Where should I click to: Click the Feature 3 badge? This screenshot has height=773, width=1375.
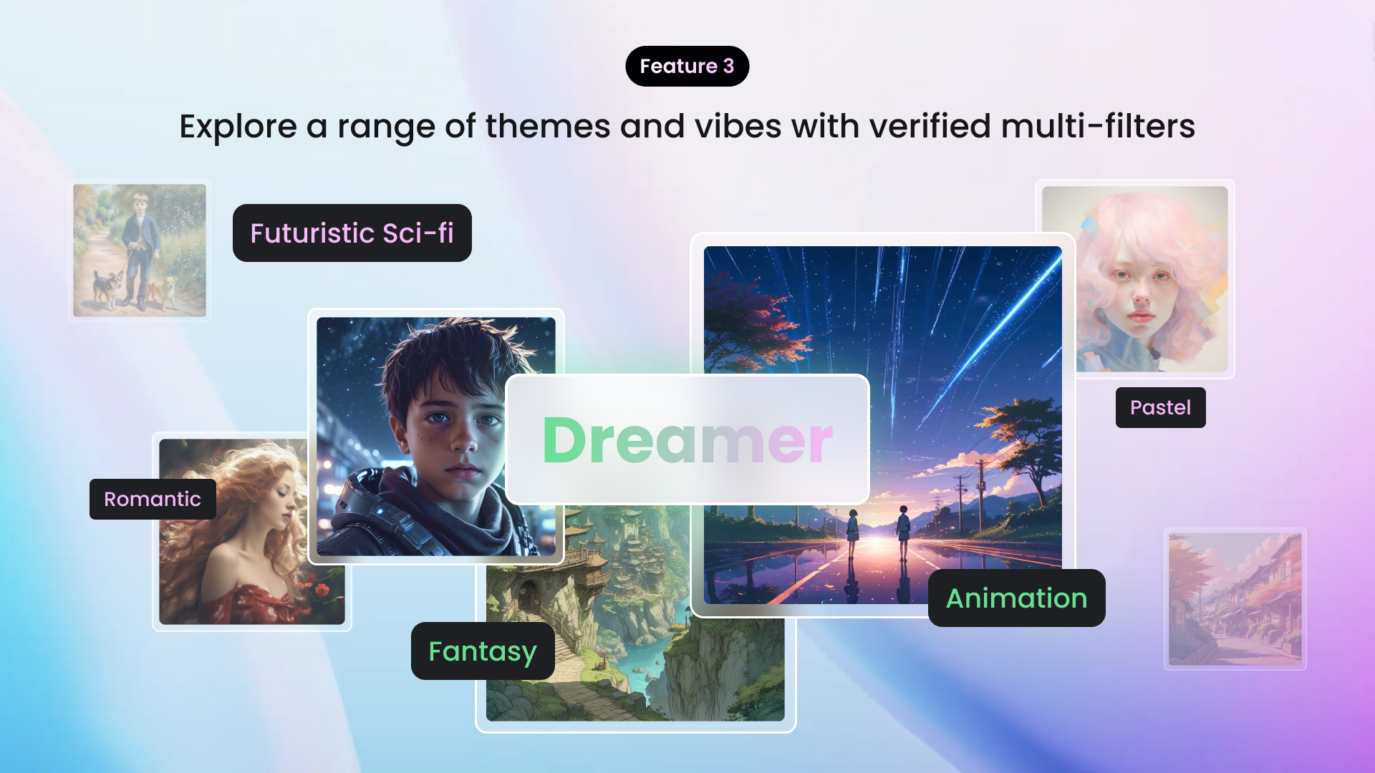click(687, 67)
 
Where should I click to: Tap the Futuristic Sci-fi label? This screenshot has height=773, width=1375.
click(352, 233)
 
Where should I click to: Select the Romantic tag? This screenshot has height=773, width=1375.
click(153, 499)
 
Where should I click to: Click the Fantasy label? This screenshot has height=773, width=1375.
click(482, 651)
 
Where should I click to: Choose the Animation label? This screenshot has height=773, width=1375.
click(1016, 598)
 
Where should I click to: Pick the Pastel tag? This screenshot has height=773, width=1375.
click(1160, 408)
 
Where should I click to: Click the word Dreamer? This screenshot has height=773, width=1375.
click(687, 440)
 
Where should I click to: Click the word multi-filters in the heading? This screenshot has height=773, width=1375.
click(1097, 127)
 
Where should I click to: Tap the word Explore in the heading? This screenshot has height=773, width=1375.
click(238, 127)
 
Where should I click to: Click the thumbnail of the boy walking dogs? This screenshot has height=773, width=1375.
click(140, 251)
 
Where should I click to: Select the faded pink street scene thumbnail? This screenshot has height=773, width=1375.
click(1235, 599)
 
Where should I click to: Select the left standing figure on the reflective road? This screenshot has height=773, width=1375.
click(853, 534)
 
